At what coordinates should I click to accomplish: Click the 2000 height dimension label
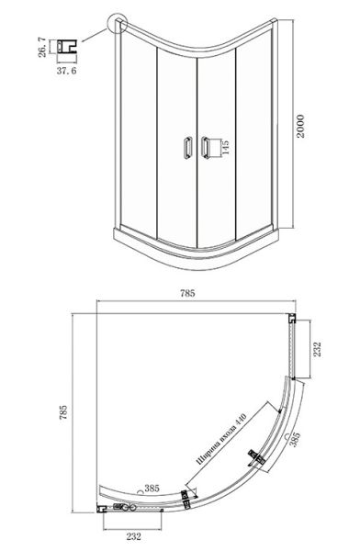click(300, 126)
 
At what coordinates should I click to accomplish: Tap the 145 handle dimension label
click(225, 147)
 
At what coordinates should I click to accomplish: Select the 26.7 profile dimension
click(42, 47)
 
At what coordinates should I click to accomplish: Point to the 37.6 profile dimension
click(66, 71)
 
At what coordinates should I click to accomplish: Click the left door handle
click(186, 147)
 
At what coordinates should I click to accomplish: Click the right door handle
click(205, 147)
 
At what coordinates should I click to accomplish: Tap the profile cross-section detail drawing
click(67, 47)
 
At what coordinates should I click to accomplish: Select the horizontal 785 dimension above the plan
click(187, 293)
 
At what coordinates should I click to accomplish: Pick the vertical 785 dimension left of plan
click(63, 412)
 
